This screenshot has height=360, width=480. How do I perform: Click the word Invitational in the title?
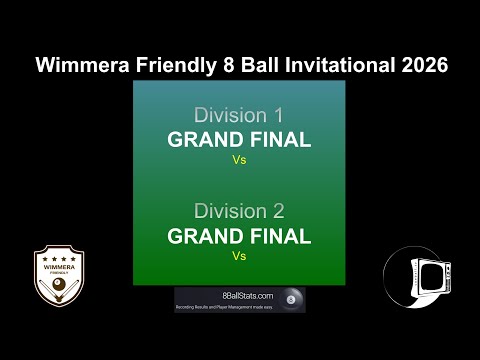(339, 65)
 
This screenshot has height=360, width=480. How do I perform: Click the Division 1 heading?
(239, 115)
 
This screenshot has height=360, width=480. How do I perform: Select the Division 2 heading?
(239, 211)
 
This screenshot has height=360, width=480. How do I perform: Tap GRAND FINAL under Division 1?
(239, 139)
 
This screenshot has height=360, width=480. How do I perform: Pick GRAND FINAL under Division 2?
(239, 236)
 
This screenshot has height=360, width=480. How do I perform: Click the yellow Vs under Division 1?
(239, 158)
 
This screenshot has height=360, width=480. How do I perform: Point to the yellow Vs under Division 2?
(239, 255)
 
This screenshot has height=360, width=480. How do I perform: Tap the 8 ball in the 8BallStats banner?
(291, 299)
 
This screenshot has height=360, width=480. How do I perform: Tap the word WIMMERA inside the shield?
(59, 266)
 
